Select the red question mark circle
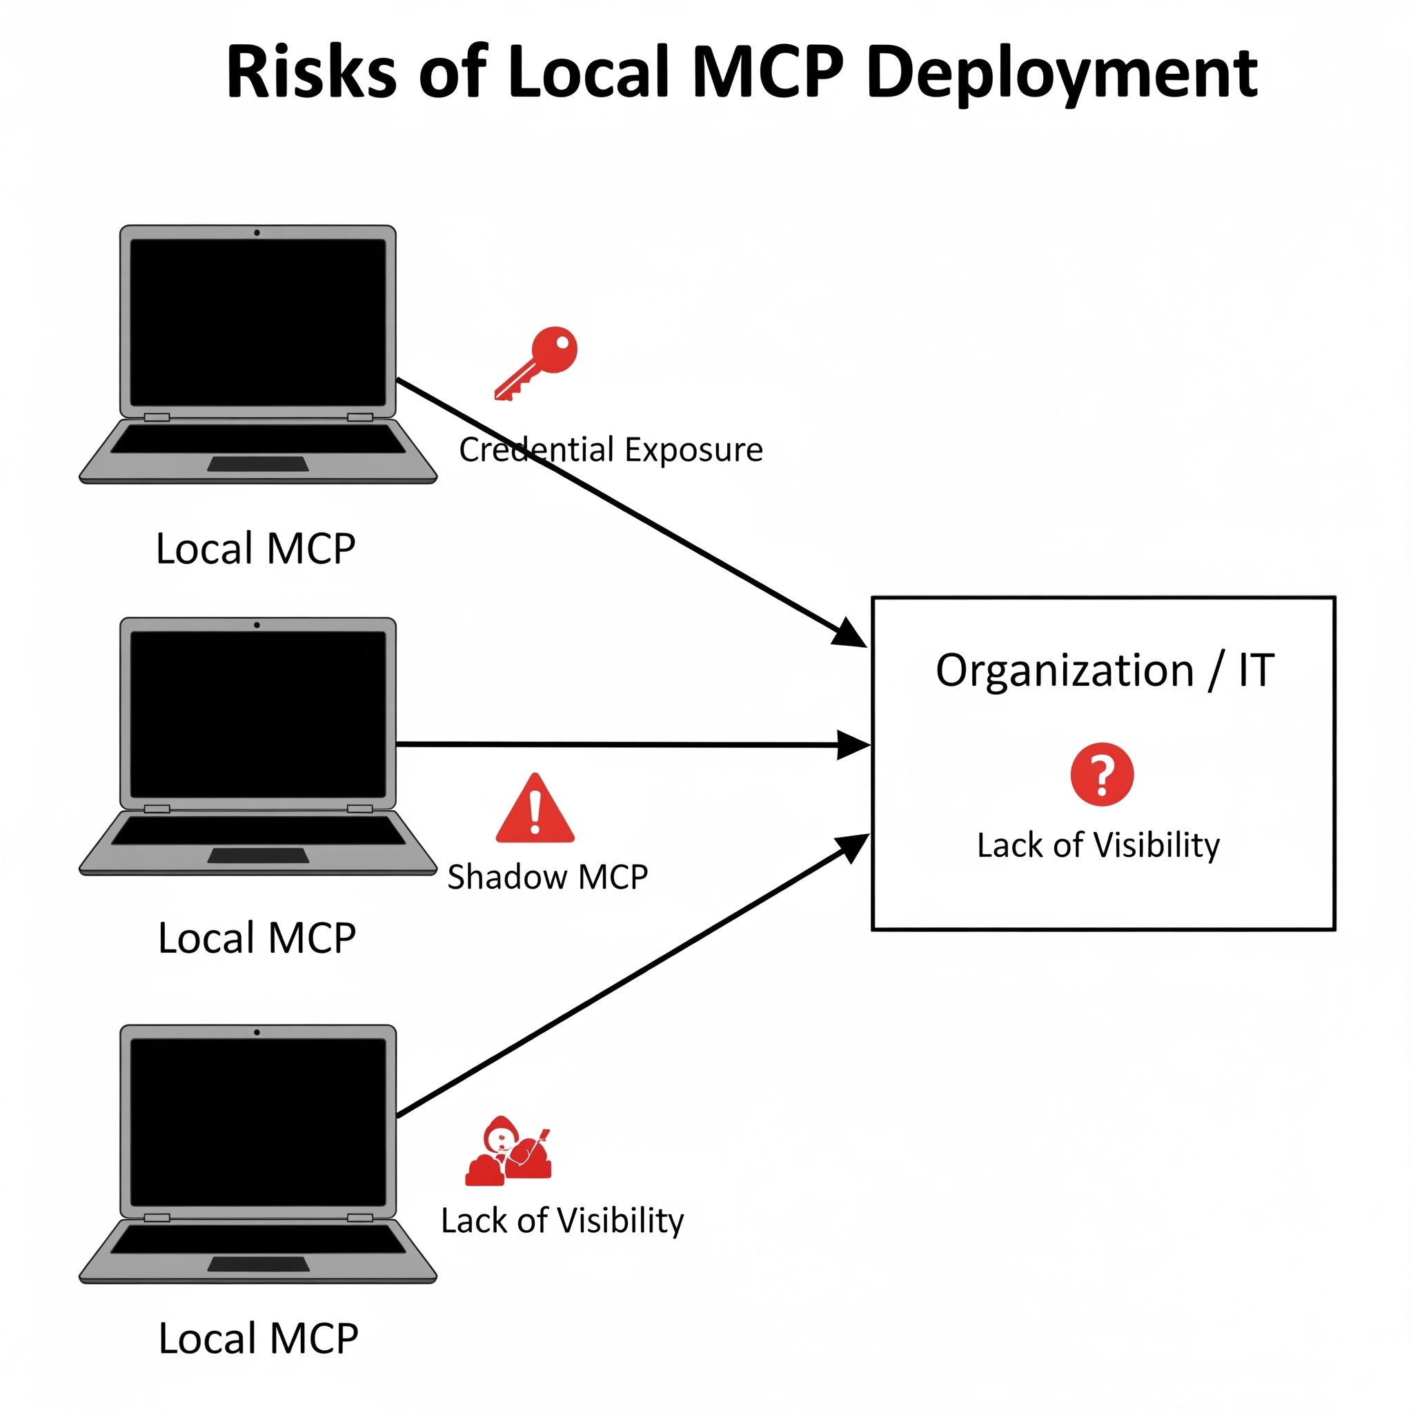pos(1101,775)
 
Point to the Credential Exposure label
pos(611,450)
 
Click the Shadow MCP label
pos(548,877)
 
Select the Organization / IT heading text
pos(1105,670)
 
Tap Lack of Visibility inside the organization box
pos(1098,845)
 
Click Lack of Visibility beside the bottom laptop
pos(562,1221)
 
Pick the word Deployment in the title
pos(1061,72)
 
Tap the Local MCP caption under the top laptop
pos(256,549)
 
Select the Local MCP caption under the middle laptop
pos(257,938)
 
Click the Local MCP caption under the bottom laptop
pos(258,1338)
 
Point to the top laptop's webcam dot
pos(257,233)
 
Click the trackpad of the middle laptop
pos(258,856)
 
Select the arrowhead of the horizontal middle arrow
pos(854,745)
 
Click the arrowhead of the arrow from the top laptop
pos(850,634)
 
